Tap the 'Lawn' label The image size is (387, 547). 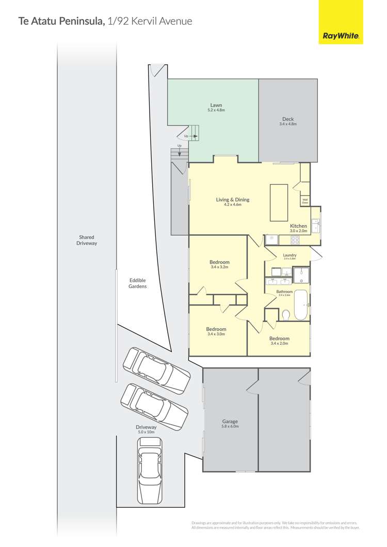[216, 105]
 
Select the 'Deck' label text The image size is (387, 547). [288, 119]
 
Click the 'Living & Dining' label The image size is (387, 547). [233, 199]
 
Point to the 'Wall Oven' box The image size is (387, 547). [305, 202]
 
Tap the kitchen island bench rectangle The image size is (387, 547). [279, 202]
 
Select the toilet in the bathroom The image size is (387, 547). [285, 314]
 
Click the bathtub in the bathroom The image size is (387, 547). [301, 305]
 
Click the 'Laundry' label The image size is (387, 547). [289, 255]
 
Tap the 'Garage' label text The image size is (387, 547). [230, 422]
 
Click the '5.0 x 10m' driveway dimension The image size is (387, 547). [146, 432]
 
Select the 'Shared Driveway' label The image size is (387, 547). [87, 240]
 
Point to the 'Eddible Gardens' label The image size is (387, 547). [138, 283]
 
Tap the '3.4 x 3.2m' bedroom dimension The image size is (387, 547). [219, 267]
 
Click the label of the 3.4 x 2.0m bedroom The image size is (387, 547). [279, 339]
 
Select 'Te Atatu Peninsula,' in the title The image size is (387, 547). [62, 21]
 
